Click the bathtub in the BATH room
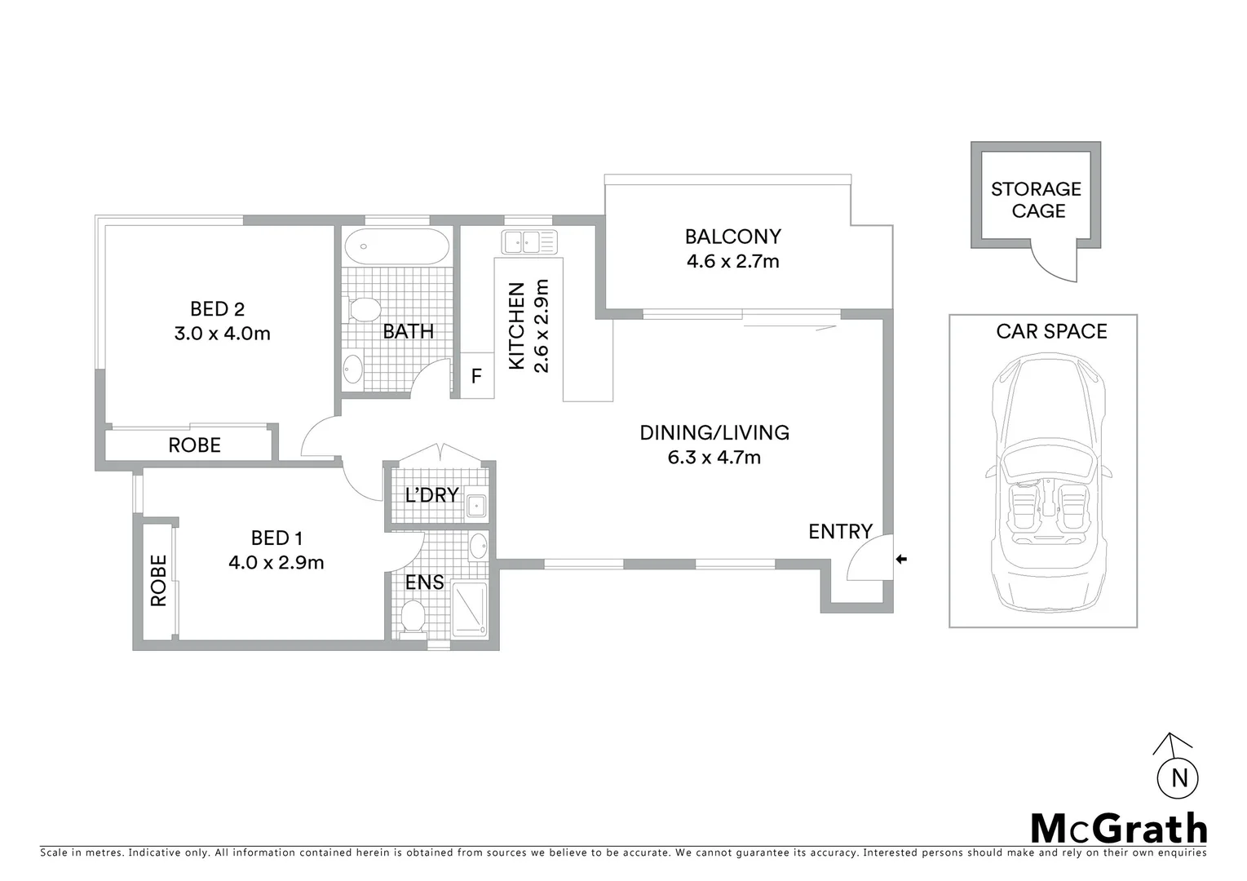[396, 246]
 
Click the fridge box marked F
[477, 376]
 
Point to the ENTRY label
[840, 532]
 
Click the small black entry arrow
[901, 559]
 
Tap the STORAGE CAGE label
[1036, 200]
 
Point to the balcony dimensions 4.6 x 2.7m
[732, 262]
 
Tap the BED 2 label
[217, 309]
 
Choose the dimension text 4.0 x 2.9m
[276, 563]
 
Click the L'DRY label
[431, 495]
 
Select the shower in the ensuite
[468, 609]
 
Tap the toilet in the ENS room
[413, 616]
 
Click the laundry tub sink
[475, 507]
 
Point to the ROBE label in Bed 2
[194, 445]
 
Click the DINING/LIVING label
[714, 432]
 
